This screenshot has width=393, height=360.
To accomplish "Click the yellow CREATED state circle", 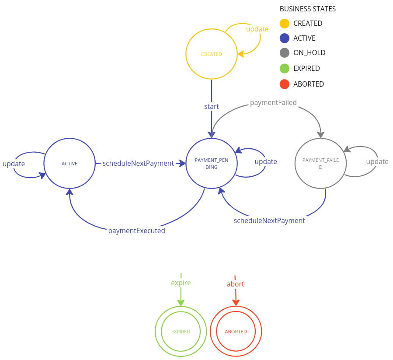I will click(212, 54).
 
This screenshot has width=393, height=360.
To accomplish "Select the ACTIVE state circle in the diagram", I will click(70, 164).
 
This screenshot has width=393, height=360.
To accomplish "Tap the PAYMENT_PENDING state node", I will click(212, 164).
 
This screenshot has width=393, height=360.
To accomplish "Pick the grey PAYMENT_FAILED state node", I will click(320, 164).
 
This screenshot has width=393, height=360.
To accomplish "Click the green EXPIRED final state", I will click(181, 332).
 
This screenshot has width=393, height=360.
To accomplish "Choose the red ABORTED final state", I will click(236, 332).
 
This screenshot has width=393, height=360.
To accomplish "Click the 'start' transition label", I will click(212, 106).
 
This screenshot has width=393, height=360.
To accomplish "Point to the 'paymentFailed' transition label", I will click(273, 103).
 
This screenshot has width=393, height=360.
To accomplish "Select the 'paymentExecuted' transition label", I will click(137, 231).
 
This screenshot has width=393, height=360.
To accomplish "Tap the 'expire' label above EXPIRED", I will click(181, 283).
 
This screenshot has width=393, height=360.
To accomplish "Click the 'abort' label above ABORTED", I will click(235, 284).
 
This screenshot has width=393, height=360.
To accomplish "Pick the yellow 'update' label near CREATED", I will click(257, 29).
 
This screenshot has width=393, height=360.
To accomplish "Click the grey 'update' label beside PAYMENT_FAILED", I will click(377, 162).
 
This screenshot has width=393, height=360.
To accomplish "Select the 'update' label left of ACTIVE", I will click(14, 164).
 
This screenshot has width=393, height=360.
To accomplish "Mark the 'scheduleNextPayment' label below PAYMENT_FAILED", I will click(269, 221).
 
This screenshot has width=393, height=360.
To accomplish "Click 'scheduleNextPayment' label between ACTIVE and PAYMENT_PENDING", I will click(138, 164).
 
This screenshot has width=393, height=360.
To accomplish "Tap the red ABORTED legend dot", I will click(285, 84).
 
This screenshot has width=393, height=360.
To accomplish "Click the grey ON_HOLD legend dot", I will click(285, 53).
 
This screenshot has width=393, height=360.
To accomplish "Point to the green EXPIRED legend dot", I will click(285, 68).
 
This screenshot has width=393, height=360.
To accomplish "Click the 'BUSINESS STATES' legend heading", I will click(308, 9).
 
